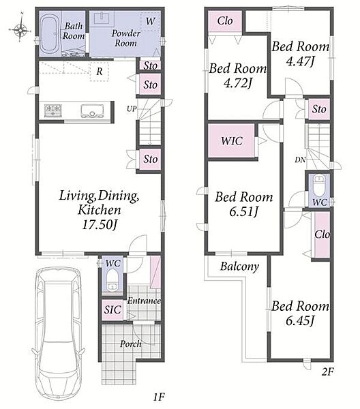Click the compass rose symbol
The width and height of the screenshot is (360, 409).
(20, 29)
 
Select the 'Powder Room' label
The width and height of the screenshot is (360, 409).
(126, 38)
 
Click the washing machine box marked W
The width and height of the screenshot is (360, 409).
(150, 20)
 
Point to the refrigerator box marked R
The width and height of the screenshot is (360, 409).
(99, 71)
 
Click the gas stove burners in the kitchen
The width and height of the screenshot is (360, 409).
(53, 110)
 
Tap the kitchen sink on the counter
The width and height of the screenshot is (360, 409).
(92, 110)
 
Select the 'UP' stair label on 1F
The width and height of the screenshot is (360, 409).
(132, 109)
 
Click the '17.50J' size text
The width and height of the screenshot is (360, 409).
(100, 224)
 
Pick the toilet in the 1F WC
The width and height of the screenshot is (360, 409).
(112, 280)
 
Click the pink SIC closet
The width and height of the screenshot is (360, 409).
(112, 309)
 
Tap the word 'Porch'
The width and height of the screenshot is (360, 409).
(131, 344)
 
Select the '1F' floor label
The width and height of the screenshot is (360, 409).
(159, 397)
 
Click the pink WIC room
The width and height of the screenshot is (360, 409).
(231, 141)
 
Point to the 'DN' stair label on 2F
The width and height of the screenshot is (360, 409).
(300, 160)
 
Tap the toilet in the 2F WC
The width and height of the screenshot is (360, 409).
(319, 185)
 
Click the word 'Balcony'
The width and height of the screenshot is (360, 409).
(239, 267)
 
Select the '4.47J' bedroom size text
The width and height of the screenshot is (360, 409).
(300, 61)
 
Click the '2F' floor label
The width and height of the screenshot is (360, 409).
(328, 372)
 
